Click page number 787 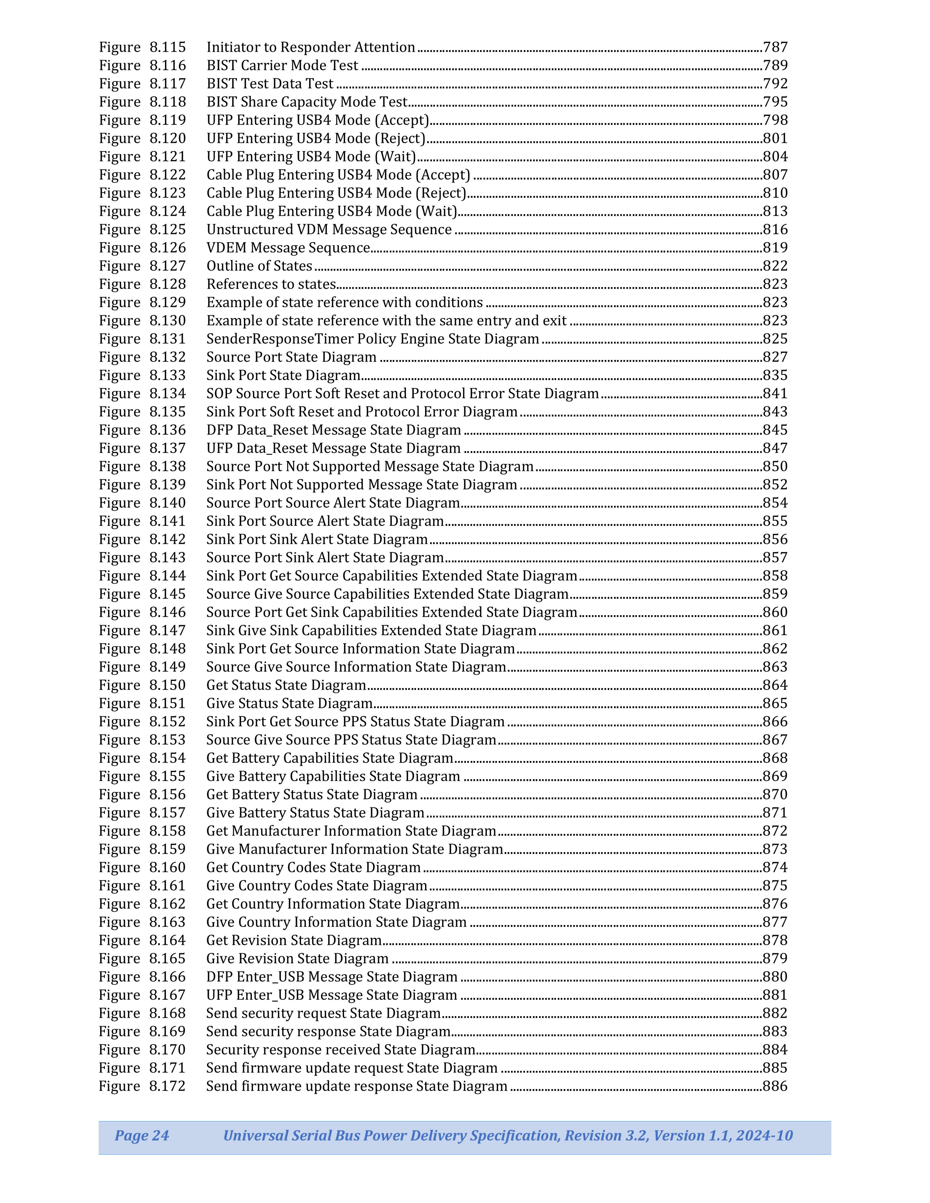pyautogui.click(x=775, y=47)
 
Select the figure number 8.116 pyautogui.click(x=168, y=66)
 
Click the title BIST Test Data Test pyautogui.click(x=270, y=84)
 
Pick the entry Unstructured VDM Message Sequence pyautogui.click(x=329, y=230)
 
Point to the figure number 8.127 pyautogui.click(x=168, y=266)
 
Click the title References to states pyautogui.click(x=271, y=284)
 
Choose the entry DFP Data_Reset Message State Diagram pyautogui.click(x=333, y=430)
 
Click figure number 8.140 pyautogui.click(x=168, y=503)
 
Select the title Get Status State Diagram pyautogui.click(x=286, y=685)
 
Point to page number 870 pyautogui.click(x=775, y=794)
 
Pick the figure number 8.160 pyautogui.click(x=168, y=868)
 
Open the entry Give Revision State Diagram pyautogui.click(x=297, y=958)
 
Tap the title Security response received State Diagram pyautogui.click(x=340, y=1050)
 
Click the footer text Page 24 pyautogui.click(x=142, y=1135)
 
